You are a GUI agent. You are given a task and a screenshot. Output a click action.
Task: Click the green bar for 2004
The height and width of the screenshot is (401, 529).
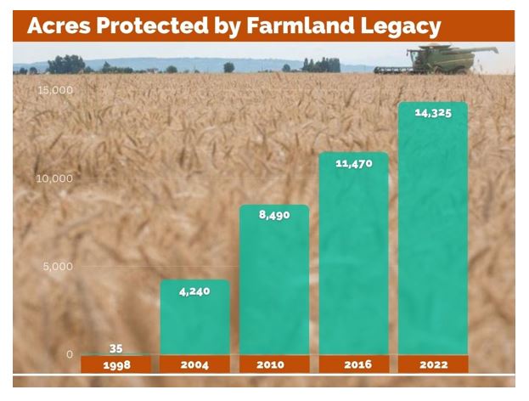195,317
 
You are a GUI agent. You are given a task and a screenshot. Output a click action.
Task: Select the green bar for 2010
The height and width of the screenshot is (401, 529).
274,280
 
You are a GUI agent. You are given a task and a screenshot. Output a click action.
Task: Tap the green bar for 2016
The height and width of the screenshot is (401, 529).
354,253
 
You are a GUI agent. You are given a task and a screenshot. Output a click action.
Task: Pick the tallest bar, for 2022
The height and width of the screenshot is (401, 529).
433,229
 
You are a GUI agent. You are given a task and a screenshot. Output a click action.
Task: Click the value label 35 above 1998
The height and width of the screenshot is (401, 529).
115,348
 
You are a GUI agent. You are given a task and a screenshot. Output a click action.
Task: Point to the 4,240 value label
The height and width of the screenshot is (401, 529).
194,291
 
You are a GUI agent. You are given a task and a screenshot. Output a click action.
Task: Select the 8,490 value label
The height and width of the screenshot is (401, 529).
274,215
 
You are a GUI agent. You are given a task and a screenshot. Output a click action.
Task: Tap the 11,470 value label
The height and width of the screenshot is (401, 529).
354,163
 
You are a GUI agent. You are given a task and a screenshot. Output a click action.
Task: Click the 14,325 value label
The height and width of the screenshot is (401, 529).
433,113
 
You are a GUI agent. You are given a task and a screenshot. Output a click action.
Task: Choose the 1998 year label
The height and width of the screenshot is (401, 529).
116,364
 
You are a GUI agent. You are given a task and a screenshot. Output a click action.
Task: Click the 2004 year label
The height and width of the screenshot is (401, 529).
194,364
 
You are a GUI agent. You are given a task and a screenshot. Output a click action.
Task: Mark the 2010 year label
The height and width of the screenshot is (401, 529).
271,364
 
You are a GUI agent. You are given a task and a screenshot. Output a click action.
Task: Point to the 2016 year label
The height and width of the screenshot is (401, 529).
358,364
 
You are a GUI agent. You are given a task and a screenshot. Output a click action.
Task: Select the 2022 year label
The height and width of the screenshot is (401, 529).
434,364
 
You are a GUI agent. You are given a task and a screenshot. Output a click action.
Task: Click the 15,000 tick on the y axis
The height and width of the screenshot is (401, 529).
55,90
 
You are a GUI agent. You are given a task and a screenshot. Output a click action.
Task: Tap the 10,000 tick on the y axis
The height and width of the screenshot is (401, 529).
54,178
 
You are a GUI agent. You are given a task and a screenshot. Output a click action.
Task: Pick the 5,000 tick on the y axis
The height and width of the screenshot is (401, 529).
58,266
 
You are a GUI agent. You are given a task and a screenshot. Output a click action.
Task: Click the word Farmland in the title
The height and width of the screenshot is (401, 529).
301,25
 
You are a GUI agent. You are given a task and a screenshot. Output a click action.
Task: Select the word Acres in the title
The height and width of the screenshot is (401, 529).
59,25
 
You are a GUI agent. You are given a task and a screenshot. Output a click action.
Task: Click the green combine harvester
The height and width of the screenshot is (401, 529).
436,59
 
